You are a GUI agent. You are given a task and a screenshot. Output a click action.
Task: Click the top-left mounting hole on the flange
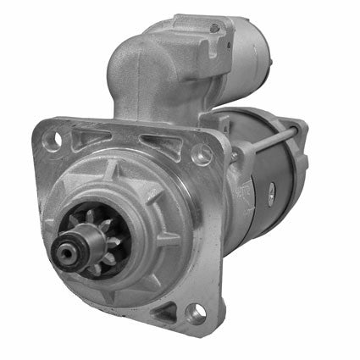point(52,138)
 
